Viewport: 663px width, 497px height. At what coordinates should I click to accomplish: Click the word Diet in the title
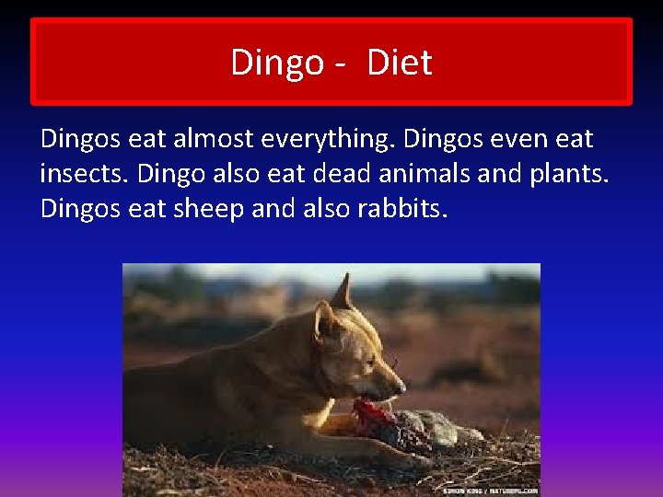click(400, 63)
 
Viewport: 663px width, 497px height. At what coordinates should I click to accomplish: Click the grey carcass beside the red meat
click(433, 425)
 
